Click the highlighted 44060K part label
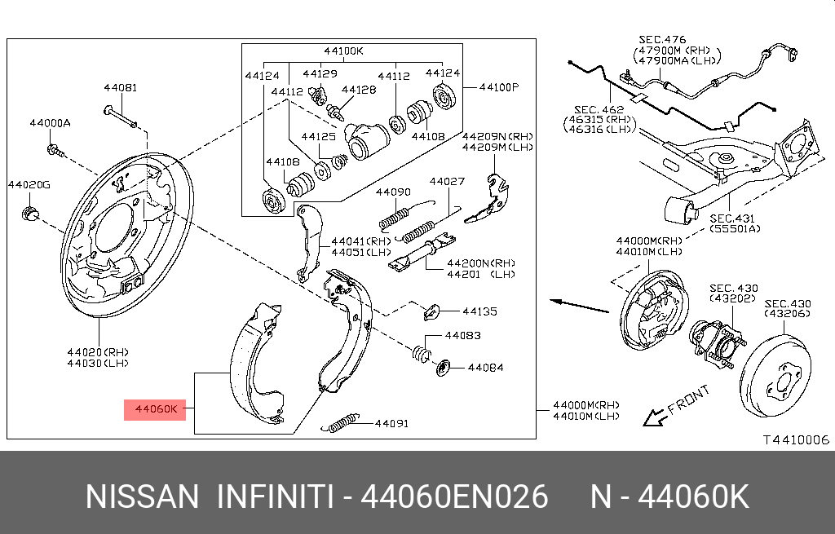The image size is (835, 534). [x=156, y=408]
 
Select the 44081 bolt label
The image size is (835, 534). [x=120, y=87]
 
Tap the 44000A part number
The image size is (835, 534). [x=50, y=123]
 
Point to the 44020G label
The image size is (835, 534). [x=29, y=184]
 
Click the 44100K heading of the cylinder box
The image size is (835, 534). [x=342, y=51]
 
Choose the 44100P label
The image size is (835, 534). [x=498, y=86]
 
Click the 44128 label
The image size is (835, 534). [x=359, y=90]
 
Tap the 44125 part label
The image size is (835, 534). [x=319, y=136]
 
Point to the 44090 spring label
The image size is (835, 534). [x=393, y=192]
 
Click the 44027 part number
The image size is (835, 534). [x=447, y=181]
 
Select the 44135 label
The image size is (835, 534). [x=480, y=311]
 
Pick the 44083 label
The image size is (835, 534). [x=462, y=335]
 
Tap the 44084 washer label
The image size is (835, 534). [x=485, y=368]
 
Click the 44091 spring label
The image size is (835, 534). [x=391, y=423]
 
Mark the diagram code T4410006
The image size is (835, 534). [x=795, y=439]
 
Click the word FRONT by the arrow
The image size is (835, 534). [x=688, y=401]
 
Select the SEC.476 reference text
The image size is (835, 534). [x=662, y=39]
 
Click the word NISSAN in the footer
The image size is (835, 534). [x=142, y=496]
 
